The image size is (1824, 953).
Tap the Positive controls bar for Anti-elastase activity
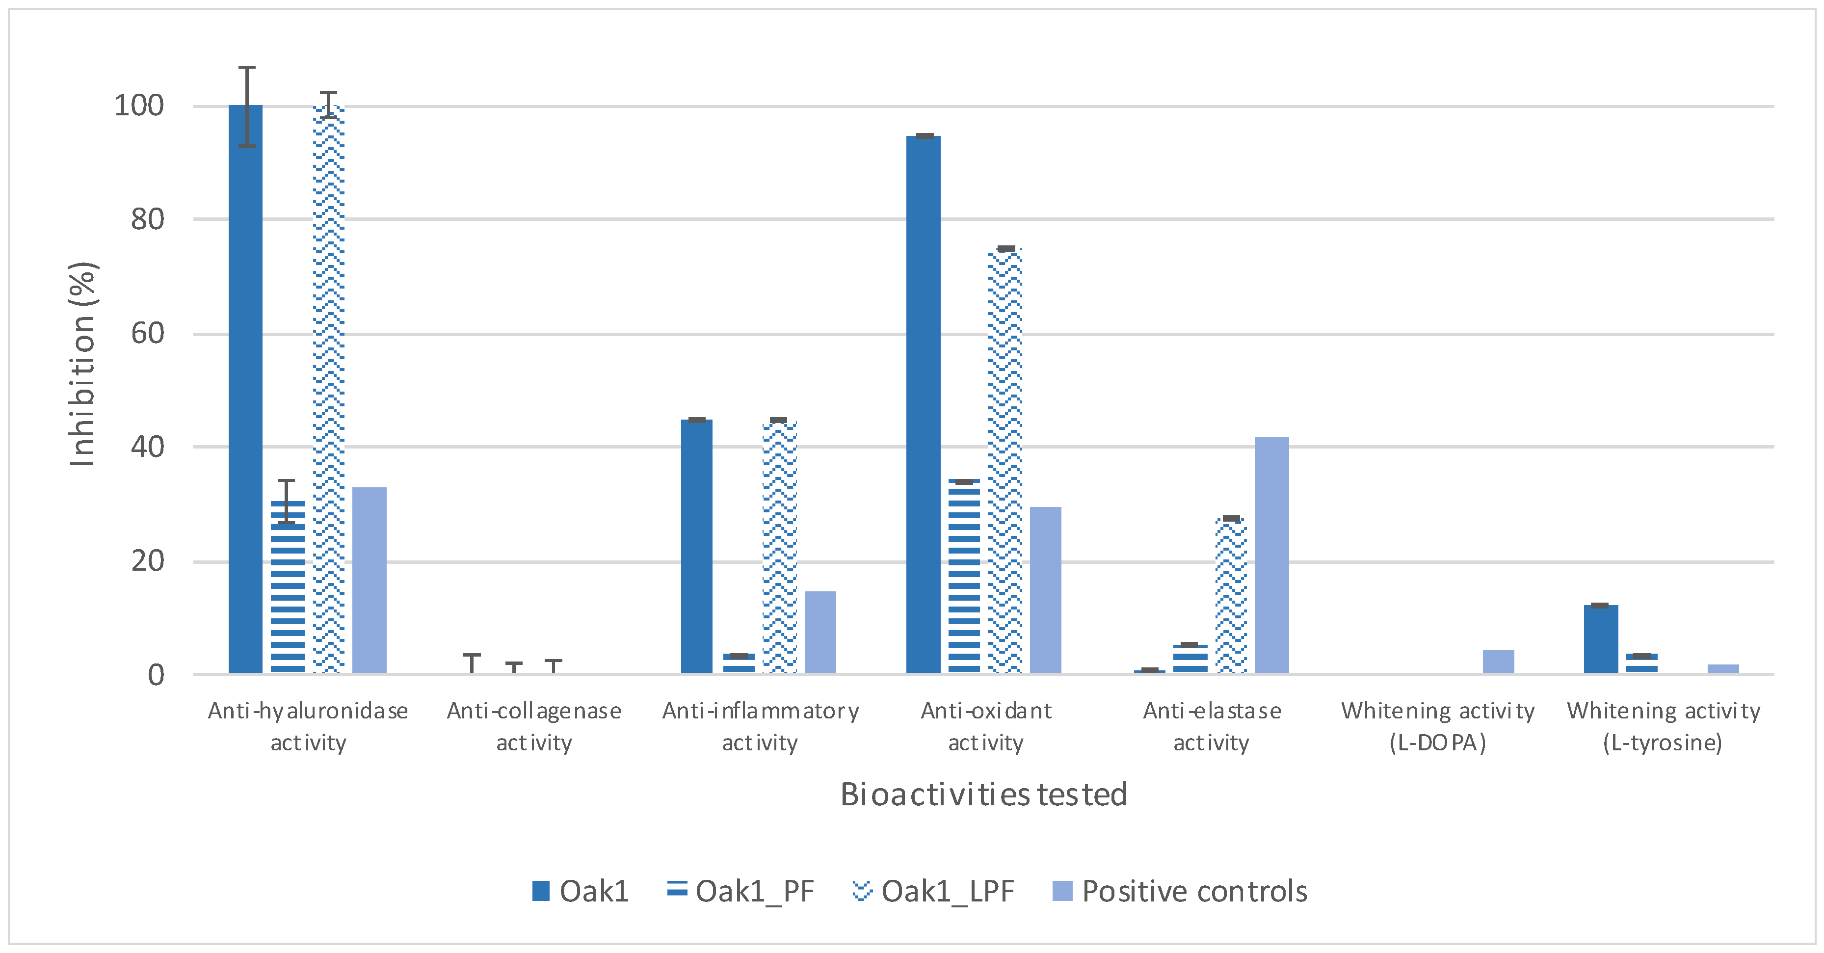click(1272, 555)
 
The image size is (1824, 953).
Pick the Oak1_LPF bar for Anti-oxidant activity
click(1005, 461)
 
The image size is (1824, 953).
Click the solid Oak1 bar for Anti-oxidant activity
click(924, 404)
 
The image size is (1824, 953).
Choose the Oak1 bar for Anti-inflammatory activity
click(697, 547)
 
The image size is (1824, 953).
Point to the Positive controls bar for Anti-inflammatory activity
click(820, 632)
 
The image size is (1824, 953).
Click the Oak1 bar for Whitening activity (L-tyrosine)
click(1601, 639)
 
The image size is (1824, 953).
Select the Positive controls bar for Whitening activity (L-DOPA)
click(1498, 662)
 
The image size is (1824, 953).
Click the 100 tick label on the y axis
click(139, 106)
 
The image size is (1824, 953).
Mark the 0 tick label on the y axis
click(156, 675)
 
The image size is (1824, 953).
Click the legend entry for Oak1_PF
click(740, 891)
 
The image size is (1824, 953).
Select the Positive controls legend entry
click(1180, 891)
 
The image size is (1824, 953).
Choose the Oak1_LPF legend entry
click(934, 891)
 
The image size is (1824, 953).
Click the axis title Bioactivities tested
click(983, 794)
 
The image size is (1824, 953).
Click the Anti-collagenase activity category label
click(534, 726)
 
